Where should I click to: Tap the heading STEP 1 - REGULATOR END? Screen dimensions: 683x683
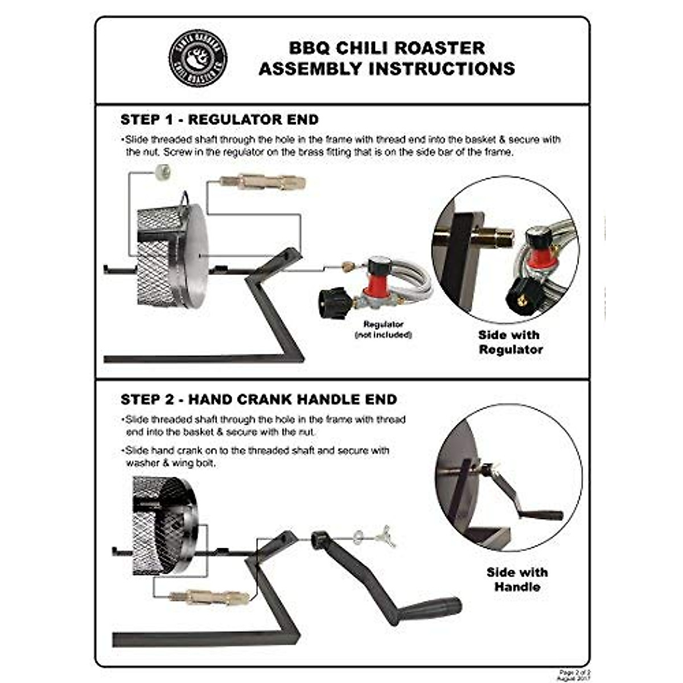(219, 120)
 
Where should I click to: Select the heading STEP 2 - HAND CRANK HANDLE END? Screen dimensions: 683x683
(258, 399)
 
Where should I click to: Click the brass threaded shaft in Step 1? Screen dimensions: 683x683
(262, 182)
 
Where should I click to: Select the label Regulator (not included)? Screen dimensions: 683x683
(383, 330)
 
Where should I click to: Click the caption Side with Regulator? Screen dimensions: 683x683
(510, 342)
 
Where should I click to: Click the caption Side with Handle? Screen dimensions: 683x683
(517, 579)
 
